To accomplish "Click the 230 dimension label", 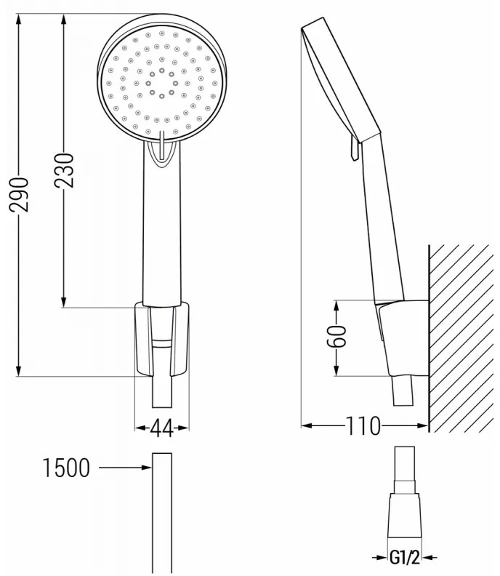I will (65, 171).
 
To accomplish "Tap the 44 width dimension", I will (162, 429).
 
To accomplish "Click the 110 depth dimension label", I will (364, 426).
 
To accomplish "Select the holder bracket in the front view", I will (162, 338).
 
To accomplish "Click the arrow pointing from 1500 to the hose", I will (124, 468).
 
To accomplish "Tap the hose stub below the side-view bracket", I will (402, 393).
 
